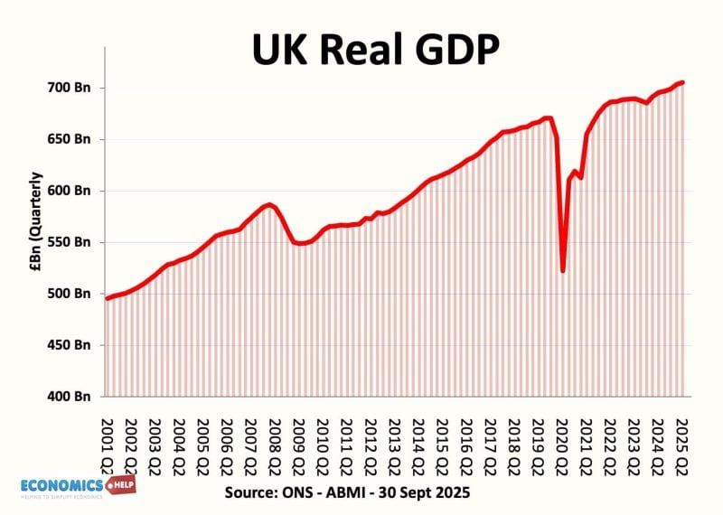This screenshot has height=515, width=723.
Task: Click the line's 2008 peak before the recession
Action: pyautogui.click(x=268, y=204)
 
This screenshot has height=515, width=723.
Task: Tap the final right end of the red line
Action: pyautogui.click(x=683, y=82)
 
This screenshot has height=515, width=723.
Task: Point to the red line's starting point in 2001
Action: pyautogui.click(x=107, y=298)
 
